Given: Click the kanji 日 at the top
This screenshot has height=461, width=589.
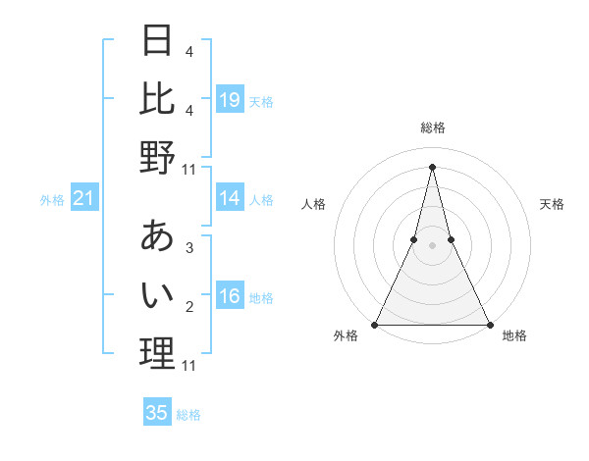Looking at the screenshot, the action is coord(157,40).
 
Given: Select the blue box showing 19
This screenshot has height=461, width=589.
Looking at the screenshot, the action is coord(230,99).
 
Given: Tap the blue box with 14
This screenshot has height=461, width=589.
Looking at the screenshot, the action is coord(230,198).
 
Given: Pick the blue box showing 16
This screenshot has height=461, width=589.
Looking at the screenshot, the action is coord(230,296).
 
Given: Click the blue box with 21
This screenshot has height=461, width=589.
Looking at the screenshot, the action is coord(84,199).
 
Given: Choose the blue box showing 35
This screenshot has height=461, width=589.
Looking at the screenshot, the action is coord(157,413).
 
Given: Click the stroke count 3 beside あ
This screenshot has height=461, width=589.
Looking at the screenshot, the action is coord(188,248).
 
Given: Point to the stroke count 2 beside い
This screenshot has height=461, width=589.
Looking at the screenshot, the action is coord(188,307).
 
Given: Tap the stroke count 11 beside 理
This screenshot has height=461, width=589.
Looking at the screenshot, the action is coord(189,366).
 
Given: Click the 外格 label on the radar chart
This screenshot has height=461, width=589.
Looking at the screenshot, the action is coord(346,335).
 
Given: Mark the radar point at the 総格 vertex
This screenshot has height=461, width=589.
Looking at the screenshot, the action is coord(432,166).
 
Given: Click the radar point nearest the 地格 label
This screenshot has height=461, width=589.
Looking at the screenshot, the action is coord(489,324).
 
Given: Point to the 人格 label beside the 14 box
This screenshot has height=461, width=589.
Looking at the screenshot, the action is coord(261,199).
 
